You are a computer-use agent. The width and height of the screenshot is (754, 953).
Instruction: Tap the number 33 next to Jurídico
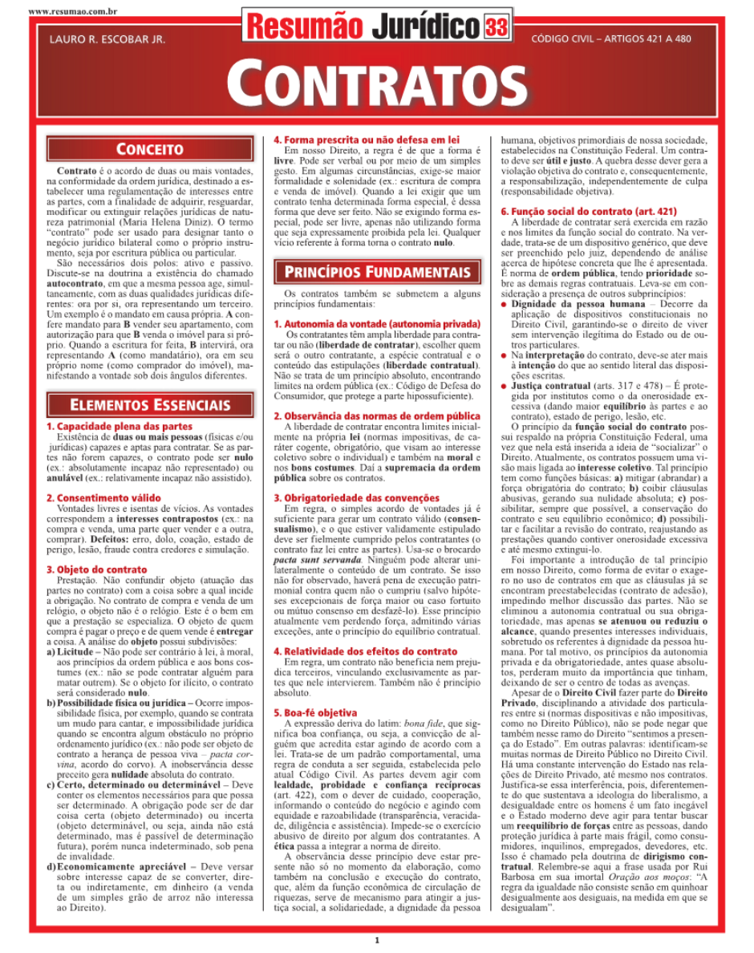[497, 28]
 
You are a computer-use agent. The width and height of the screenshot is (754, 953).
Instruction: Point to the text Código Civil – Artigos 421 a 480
[610, 38]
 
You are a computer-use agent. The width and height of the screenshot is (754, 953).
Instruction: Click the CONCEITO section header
[150, 148]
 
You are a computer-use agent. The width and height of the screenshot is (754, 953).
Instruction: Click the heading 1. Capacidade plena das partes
[120, 426]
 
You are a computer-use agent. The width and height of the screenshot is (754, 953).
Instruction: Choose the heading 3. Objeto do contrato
[96, 570]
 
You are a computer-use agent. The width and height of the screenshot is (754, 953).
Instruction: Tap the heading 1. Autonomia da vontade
[376, 323]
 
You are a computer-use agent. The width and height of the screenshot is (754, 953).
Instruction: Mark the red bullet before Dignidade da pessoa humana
[503, 305]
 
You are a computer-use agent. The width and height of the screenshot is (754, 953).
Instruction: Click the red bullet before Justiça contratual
[503, 386]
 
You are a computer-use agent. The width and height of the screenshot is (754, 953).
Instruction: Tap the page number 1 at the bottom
[377, 940]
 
